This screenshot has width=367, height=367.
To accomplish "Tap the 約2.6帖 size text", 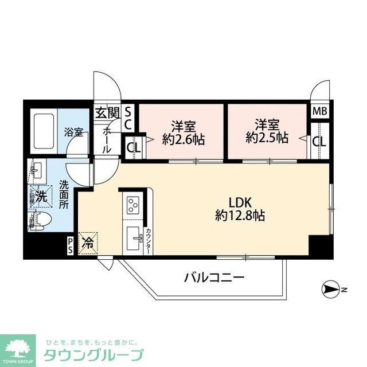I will coord(183,139).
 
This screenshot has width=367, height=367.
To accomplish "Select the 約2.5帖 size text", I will coord(267,139).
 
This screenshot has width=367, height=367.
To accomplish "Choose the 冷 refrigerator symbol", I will coord(89,243).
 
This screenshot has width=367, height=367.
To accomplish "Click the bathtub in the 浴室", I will coord(43,127).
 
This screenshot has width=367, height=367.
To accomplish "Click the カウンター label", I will coord(147,240).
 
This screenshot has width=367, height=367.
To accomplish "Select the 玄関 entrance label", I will coord(107,112).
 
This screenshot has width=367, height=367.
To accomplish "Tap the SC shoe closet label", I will coord(128,118).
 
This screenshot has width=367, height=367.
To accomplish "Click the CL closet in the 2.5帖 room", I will coord(319,140).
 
